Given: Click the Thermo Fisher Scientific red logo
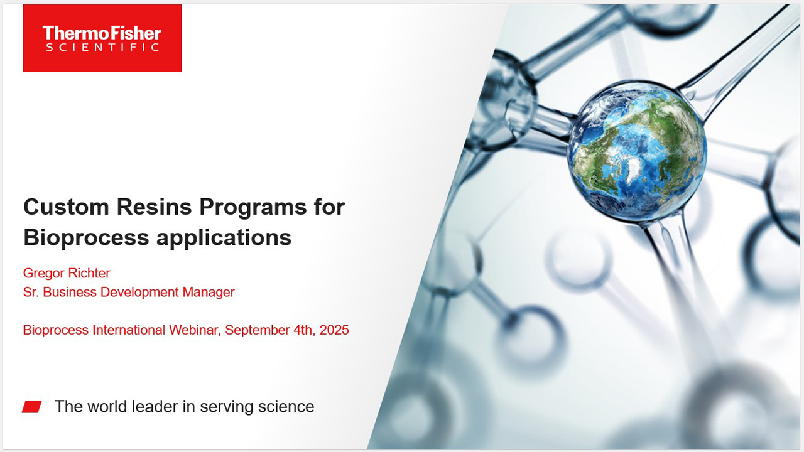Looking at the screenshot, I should [102, 38].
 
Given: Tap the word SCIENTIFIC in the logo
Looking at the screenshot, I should [102, 48].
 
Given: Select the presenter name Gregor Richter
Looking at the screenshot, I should [67, 273].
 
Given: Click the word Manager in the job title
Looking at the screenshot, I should [209, 292].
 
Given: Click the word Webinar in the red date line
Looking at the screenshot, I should [194, 330].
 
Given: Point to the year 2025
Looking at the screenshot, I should [334, 330].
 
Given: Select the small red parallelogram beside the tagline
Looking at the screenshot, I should [32, 407].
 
